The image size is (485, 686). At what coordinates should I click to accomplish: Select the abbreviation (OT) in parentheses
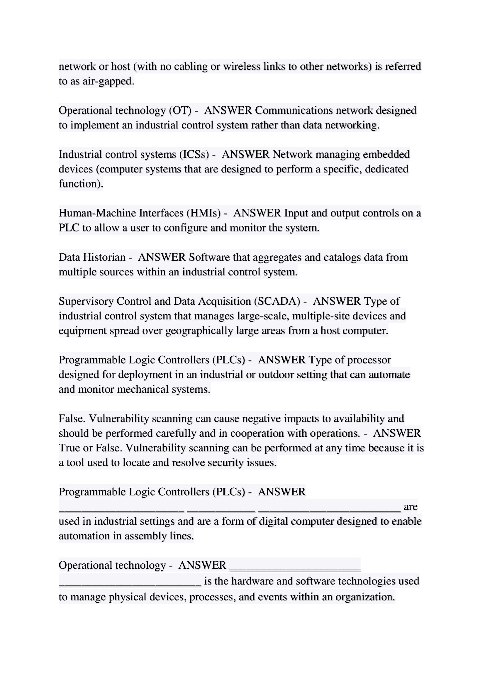point(180,110)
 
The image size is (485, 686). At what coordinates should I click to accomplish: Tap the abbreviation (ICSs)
point(194,154)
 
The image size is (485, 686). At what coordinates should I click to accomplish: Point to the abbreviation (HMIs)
point(204,213)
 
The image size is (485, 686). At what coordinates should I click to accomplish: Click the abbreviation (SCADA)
point(277,301)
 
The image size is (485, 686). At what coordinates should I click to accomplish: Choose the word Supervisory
point(86,301)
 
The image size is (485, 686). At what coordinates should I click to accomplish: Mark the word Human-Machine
point(97,213)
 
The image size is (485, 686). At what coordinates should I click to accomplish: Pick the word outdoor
point(276,375)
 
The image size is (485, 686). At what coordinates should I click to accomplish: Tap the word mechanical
point(143,389)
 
